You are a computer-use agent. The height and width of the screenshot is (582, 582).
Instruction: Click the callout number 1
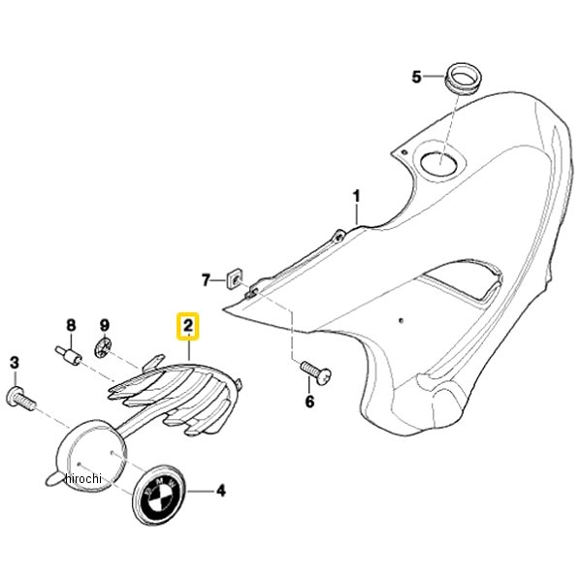point(356,196)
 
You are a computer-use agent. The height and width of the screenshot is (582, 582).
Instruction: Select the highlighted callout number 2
point(188,326)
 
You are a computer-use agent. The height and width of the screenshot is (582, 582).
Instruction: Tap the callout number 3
point(15,363)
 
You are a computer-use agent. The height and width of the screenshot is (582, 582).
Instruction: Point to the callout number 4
point(221,491)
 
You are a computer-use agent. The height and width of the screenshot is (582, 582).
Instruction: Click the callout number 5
point(417,77)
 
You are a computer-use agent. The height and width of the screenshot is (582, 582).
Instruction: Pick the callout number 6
point(309,401)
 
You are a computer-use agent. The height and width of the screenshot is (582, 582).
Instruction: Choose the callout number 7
point(206,280)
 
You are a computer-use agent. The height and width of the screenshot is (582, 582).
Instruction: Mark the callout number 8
point(71,326)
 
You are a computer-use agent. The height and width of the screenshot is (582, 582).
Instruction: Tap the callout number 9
point(105,326)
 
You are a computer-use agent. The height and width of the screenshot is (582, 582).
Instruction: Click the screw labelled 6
point(315,372)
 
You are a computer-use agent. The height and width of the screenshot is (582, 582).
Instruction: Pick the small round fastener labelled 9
point(103,347)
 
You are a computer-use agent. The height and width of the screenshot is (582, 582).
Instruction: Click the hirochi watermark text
point(82,478)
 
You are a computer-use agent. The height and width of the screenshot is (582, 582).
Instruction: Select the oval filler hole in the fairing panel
point(439,163)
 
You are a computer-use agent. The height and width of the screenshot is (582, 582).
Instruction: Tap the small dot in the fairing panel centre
point(401,320)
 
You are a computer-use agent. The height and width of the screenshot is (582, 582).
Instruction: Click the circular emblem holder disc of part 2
point(92,456)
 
